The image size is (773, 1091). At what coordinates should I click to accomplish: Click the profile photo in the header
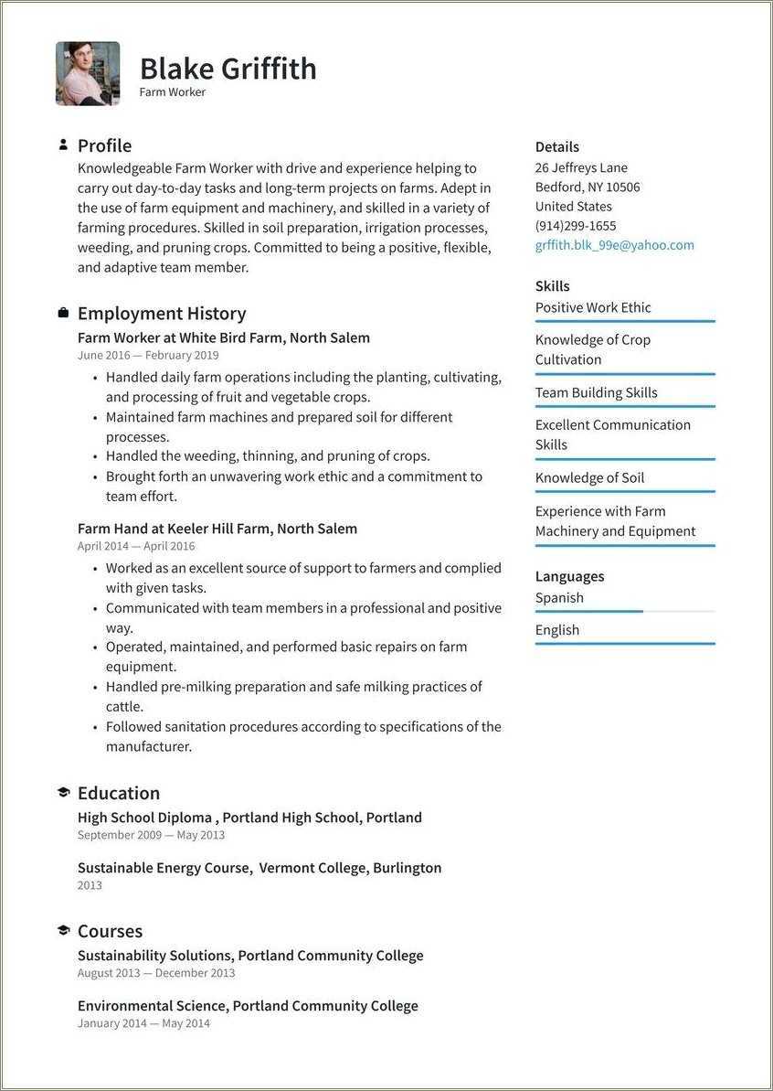click(x=88, y=73)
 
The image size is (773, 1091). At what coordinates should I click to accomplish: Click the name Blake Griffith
click(x=228, y=69)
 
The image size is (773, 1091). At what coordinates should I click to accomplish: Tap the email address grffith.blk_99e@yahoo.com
click(x=614, y=245)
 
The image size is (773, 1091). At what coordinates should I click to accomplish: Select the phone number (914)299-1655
click(x=575, y=226)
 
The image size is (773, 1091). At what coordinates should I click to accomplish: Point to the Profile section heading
click(x=104, y=145)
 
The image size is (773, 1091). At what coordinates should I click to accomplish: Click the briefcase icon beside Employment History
click(x=63, y=313)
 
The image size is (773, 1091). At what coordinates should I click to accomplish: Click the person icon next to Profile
click(x=63, y=144)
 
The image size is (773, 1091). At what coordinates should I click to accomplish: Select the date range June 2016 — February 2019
click(x=148, y=356)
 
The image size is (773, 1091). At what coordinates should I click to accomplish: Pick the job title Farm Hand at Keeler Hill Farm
click(x=217, y=529)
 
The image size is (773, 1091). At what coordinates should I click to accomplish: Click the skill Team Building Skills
click(x=596, y=392)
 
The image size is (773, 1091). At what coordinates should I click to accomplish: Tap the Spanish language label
click(x=559, y=597)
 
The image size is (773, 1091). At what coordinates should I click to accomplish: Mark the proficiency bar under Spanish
click(x=589, y=611)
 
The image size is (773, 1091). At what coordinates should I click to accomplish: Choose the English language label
click(x=557, y=630)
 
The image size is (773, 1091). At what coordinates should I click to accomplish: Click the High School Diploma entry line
click(x=249, y=818)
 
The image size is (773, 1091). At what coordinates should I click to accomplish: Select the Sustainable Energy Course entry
click(x=259, y=868)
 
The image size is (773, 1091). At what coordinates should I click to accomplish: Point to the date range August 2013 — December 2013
click(x=155, y=973)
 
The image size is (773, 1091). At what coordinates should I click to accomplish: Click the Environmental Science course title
click(x=248, y=1006)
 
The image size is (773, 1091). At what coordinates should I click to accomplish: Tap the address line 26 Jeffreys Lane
click(x=581, y=167)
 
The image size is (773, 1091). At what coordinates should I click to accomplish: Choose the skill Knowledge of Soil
click(x=589, y=477)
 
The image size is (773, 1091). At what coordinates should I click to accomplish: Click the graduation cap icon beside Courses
click(x=63, y=931)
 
